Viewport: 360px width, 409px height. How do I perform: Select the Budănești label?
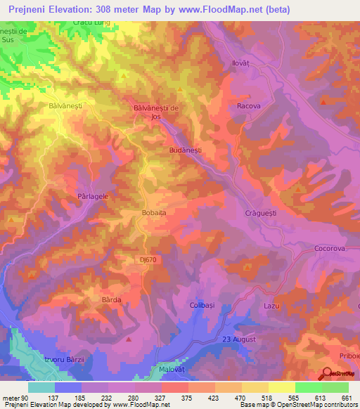pos(186,150)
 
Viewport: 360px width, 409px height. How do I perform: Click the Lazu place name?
pos(292,306)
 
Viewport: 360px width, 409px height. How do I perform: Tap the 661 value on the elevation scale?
pos(345,398)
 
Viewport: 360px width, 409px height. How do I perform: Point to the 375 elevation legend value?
pos(186,398)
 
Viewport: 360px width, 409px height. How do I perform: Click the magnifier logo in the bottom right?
pos(326,372)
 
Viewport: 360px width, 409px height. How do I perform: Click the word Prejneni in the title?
pos(29,9)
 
